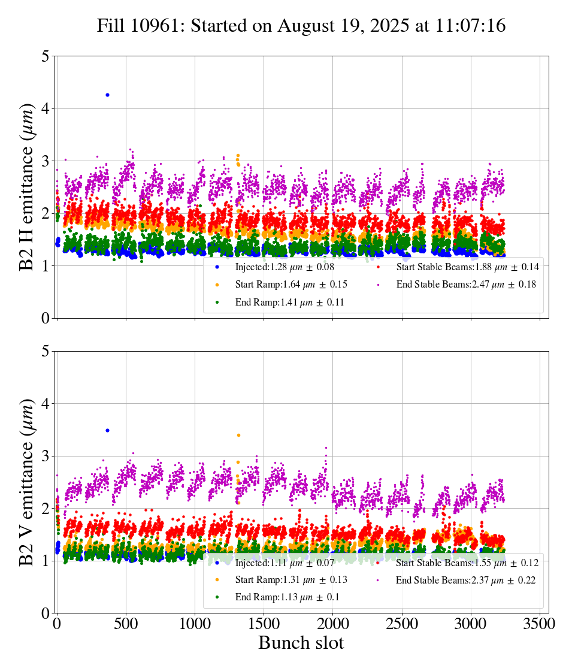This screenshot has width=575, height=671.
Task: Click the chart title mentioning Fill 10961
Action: [x=301, y=26]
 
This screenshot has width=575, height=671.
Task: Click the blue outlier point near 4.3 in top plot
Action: [x=107, y=95]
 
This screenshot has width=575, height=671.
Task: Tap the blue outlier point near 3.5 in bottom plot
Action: [x=107, y=430]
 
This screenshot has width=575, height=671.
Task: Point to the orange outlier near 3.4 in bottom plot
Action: [x=238, y=435]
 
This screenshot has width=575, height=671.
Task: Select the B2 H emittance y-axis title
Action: [x=27, y=187]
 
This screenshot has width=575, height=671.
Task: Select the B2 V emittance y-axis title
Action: [x=27, y=482]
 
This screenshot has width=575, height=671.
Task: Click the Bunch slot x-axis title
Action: [x=301, y=643]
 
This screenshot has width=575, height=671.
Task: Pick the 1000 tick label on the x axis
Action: [x=195, y=623]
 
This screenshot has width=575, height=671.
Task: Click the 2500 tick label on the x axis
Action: [x=401, y=623]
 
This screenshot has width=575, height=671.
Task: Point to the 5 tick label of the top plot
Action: [x=46, y=56]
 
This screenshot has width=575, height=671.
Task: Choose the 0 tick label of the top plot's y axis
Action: [x=46, y=318]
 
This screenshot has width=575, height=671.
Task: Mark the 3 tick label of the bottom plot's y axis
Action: [x=46, y=456]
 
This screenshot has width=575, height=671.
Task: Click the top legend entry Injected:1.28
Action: [x=285, y=267]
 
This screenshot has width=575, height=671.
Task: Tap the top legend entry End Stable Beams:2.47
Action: [x=466, y=285]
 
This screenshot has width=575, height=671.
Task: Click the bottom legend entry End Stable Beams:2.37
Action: [x=465, y=580]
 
